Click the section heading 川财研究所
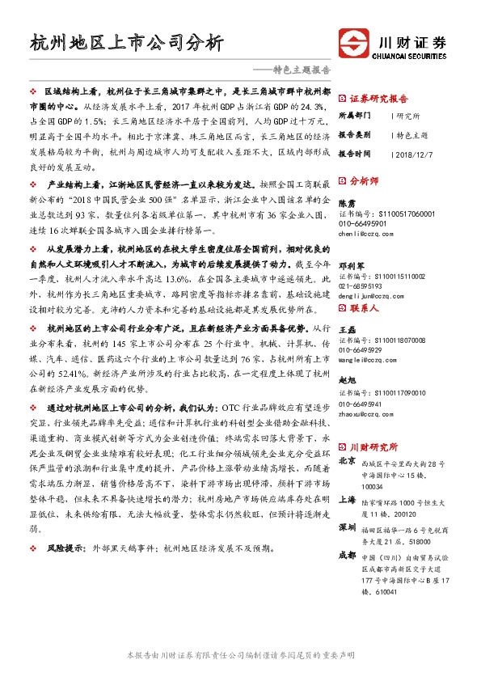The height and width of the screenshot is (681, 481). pyautogui.click(x=373, y=446)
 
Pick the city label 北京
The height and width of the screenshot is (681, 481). pyautogui.click(x=346, y=460)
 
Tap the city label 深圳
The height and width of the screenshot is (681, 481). pyautogui.click(x=346, y=527)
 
